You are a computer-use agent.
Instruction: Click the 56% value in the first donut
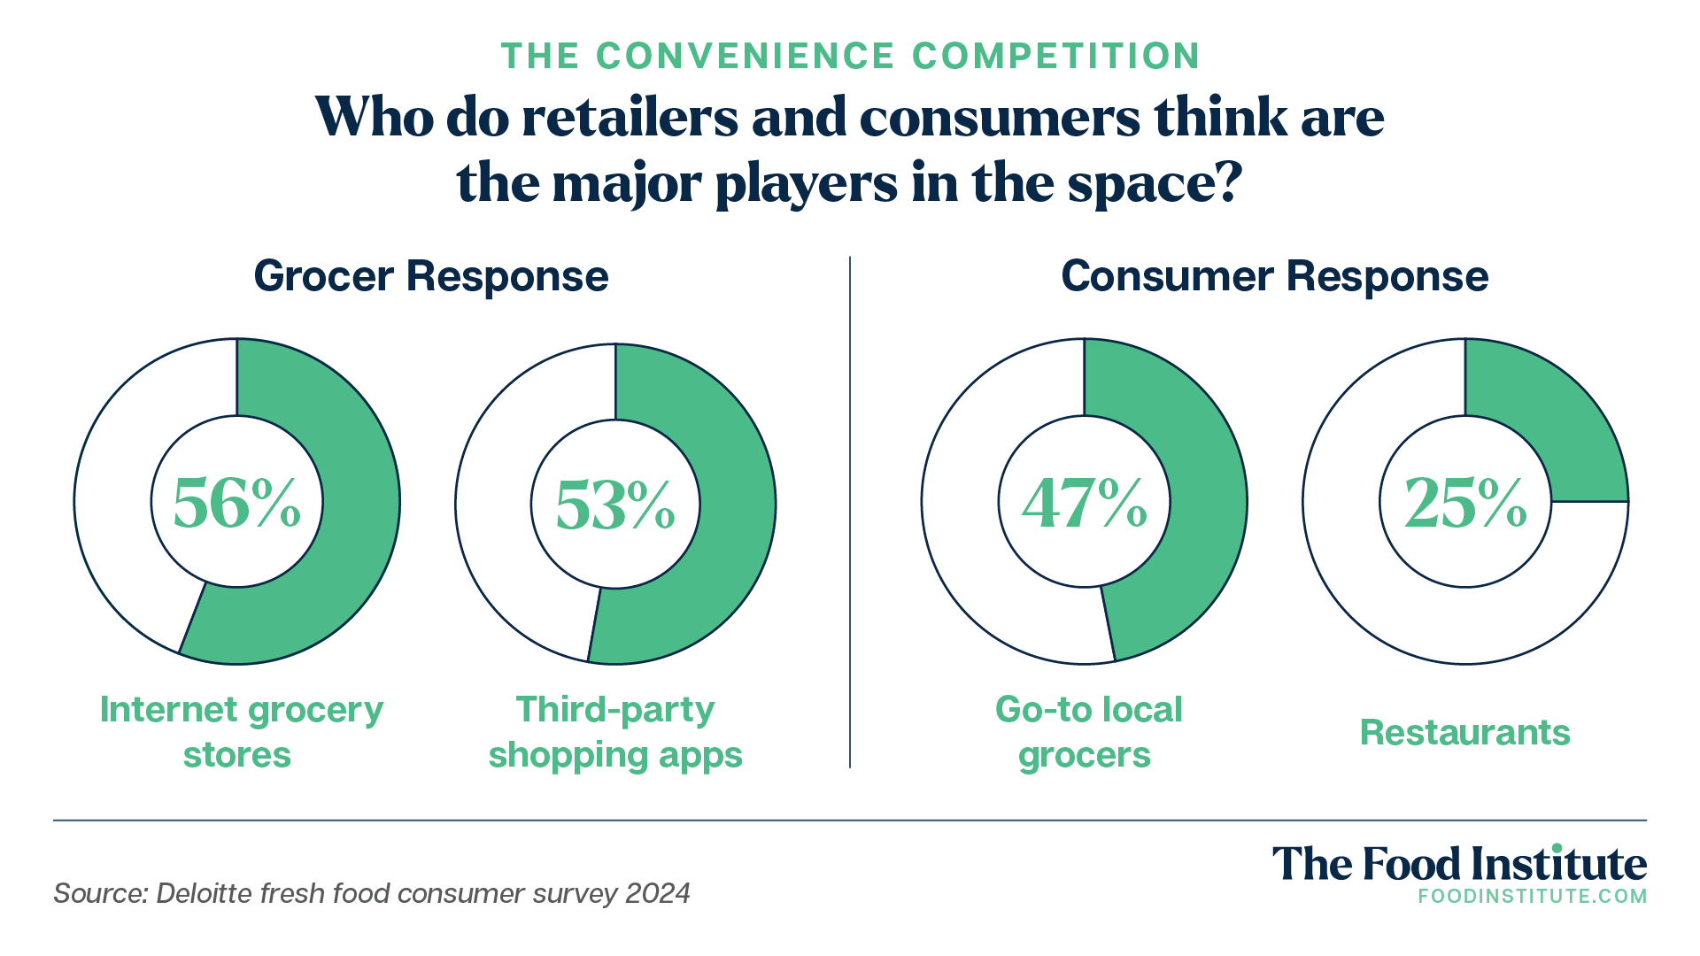pos(236,503)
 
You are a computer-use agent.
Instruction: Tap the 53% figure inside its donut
pos(614,505)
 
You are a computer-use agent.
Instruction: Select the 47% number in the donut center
pos(1084,503)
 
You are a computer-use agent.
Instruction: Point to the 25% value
pos(1465,503)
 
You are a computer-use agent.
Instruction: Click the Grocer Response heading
pos(431,276)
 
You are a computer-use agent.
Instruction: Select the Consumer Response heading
pos(1274,276)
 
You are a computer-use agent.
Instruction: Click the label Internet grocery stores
pos(241,732)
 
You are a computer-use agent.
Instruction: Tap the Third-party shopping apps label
pos(615,732)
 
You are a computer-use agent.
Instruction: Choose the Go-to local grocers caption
pos(1087,732)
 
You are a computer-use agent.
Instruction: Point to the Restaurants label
pos(1464,733)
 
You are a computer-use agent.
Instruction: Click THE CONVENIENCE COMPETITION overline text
pos(850,56)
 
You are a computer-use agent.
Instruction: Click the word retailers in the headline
pos(630,117)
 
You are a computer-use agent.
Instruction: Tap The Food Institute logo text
pos(1459,864)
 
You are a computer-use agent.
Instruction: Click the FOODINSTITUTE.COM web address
pos(1532,896)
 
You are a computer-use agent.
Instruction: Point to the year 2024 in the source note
pos(657,893)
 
